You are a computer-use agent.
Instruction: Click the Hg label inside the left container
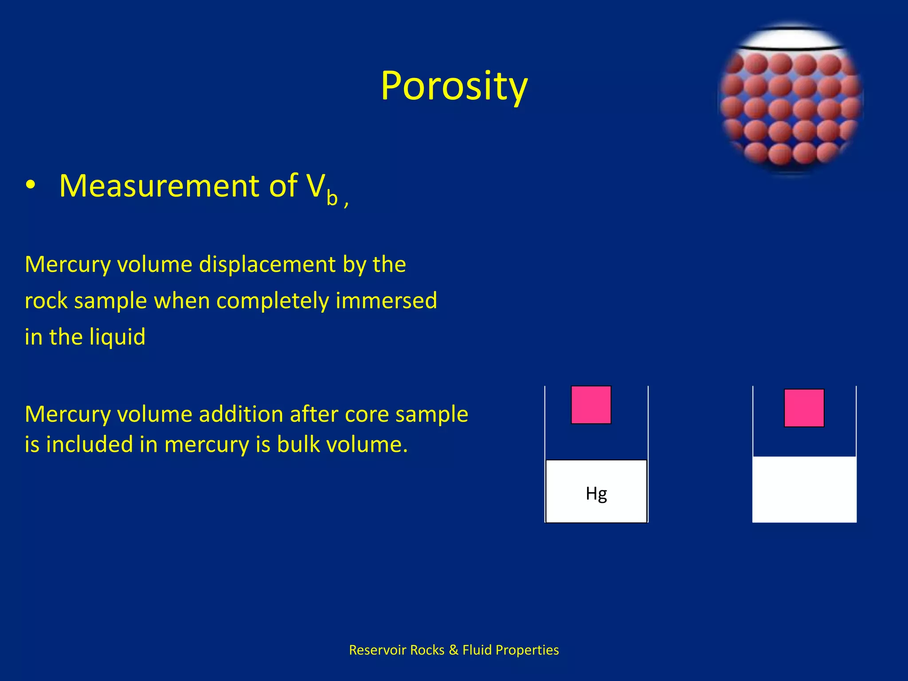point(596,493)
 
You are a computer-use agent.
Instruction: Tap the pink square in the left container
point(591,405)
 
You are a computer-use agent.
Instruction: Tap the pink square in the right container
point(804,408)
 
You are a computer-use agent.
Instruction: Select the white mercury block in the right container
point(804,489)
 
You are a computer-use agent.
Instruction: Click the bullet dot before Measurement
point(30,186)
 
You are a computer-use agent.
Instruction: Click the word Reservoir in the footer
point(377,650)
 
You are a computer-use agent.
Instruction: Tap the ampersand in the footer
point(453,650)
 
